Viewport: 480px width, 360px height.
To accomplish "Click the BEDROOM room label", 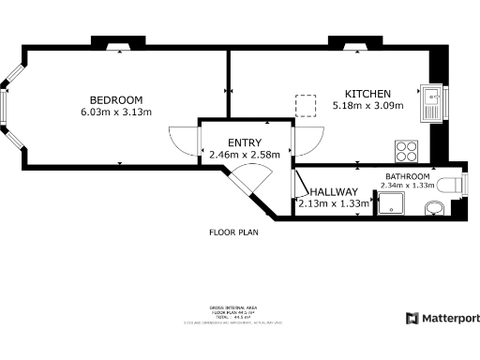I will click(115, 100).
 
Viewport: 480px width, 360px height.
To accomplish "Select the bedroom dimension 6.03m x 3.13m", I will click(115, 112).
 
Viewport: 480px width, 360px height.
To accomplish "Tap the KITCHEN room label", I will click(367, 94).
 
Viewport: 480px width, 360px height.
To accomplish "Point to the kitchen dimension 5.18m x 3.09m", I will click(367, 106).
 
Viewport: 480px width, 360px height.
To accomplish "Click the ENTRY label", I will click(231, 142).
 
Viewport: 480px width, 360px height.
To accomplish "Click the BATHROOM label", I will click(407, 176).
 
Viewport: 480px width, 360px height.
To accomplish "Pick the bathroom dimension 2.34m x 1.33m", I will click(407, 186).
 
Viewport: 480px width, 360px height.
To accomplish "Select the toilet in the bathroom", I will click(453, 185).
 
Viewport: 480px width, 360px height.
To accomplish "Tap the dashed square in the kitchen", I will click(305, 103).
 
